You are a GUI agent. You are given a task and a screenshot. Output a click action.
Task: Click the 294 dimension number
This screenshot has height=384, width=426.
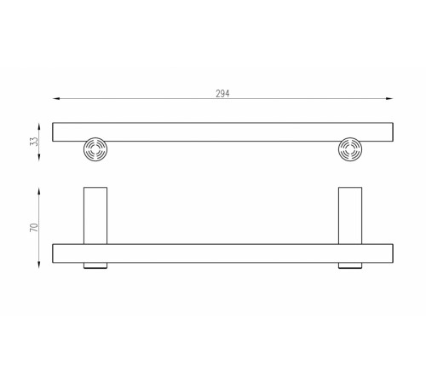point(222,93)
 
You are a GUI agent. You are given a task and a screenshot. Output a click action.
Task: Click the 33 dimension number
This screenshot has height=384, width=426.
point(34,142)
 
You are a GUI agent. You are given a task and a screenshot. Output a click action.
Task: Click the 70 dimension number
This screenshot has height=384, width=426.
point(34,228)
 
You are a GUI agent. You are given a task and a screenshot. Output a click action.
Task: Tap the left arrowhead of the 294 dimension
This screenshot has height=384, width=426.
point(56,98)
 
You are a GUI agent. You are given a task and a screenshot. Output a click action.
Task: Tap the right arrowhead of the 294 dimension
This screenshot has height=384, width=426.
point(389,98)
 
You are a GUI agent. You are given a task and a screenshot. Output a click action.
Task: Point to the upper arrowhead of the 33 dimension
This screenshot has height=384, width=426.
point(39,126)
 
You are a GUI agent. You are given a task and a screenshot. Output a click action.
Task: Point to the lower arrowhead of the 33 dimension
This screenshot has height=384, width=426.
point(39,157)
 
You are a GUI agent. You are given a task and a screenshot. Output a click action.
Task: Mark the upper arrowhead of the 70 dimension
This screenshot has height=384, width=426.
point(39,191)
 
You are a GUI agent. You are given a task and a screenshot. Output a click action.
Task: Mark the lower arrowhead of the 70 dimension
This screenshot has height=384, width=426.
point(39,265)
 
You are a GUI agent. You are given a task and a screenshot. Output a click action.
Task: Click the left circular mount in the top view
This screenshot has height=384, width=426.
point(95,149)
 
